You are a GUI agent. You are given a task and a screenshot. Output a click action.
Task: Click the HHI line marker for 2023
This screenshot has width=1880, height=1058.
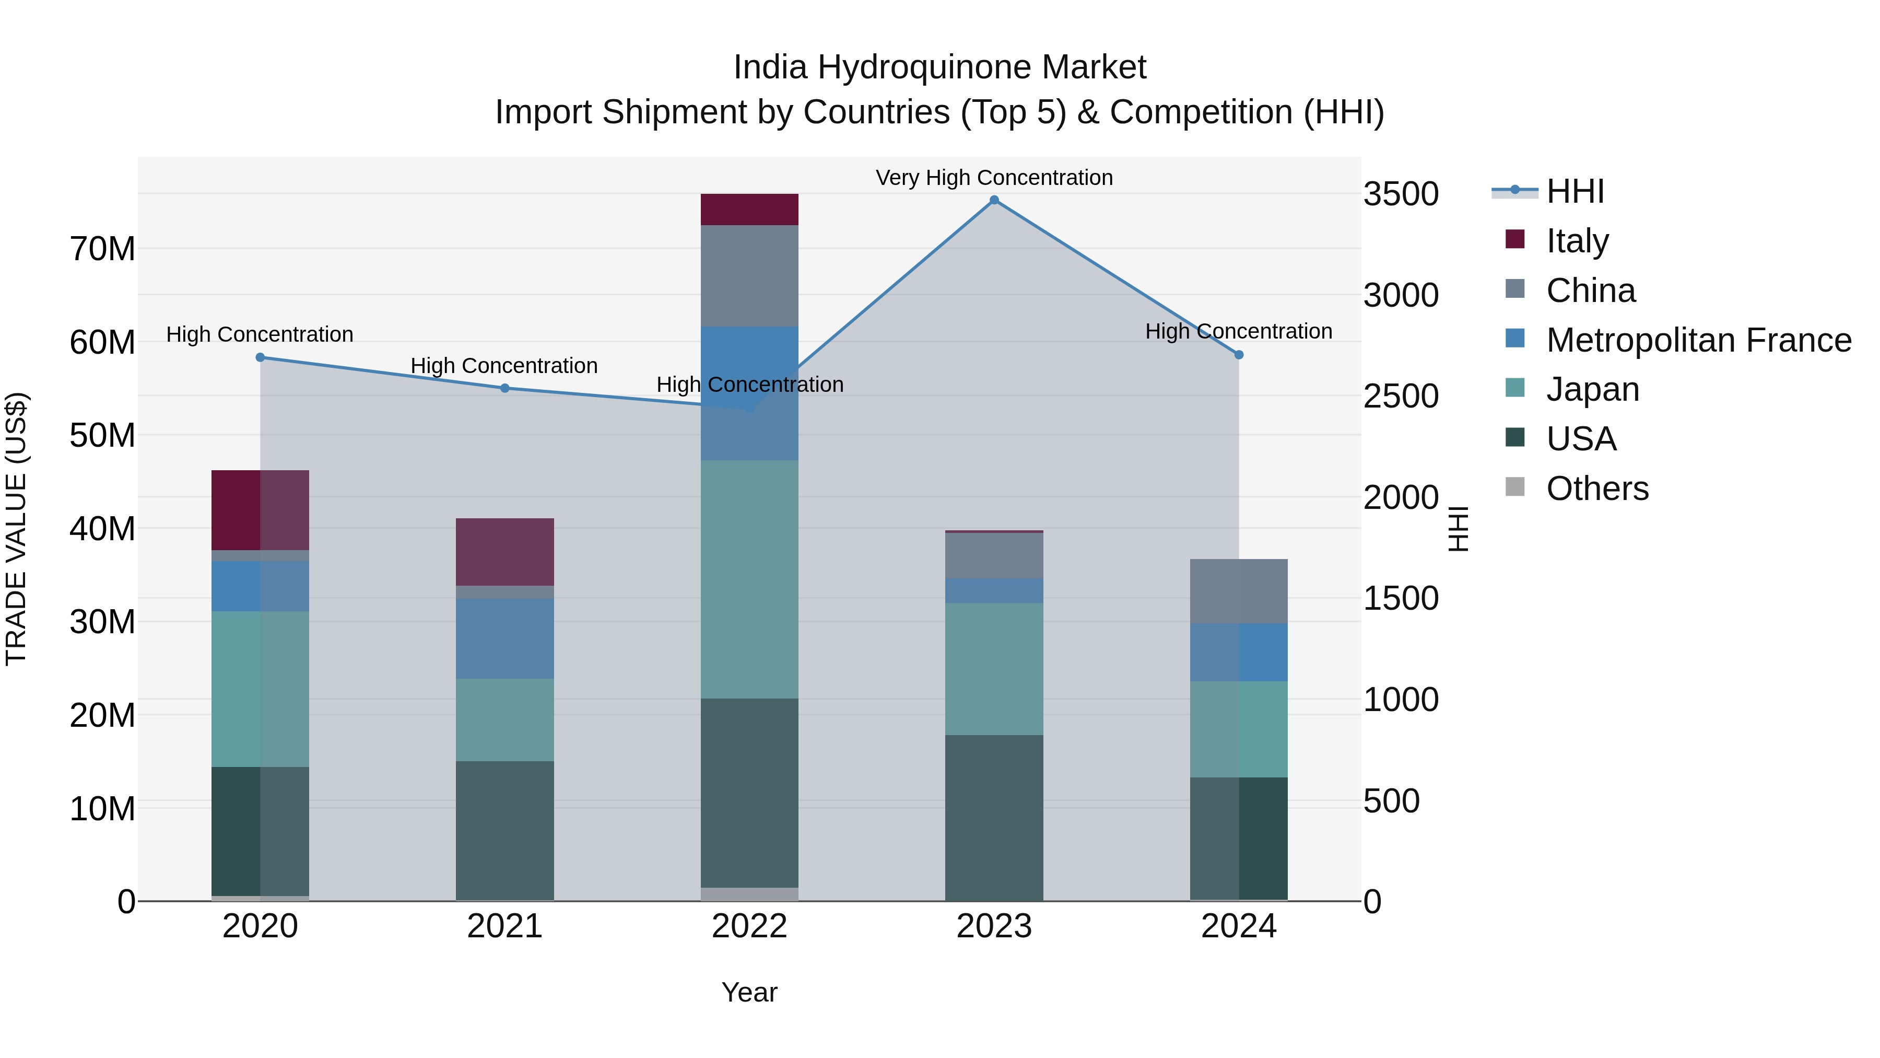tap(994, 200)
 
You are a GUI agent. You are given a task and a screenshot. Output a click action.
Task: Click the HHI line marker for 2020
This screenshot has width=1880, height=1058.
tap(260, 357)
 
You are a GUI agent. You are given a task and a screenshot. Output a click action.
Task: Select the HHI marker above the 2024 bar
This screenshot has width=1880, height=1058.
tap(1239, 355)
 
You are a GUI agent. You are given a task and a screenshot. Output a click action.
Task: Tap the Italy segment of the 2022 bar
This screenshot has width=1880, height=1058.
tap(749, 210)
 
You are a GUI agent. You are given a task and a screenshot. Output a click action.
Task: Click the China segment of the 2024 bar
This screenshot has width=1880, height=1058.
tap(1239, 591)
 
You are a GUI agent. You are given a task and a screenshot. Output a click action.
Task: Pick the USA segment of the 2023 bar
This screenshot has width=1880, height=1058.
tap(994, 817)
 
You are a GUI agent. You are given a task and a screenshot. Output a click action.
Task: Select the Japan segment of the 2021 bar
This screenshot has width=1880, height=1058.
tap(504, 720)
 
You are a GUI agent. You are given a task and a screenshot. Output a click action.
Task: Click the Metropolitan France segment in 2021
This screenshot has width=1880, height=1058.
tap(504, 639)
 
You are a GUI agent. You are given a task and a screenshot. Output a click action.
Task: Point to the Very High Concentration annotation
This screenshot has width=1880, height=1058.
tap(994, 178)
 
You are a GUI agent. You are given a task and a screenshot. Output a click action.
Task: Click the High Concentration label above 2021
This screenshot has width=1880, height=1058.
tap(504, 365)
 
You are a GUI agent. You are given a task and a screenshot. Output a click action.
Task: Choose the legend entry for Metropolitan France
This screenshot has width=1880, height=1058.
tap(1698, 340)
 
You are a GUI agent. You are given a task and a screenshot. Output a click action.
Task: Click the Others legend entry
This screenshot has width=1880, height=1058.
tap(1597, 489)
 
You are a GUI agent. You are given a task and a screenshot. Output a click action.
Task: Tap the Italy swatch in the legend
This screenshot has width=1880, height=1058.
tap(1514, 239)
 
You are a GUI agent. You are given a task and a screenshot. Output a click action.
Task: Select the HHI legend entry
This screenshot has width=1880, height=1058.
tap(1575, 191)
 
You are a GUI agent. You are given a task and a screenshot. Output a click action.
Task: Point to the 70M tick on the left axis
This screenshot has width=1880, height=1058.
tap(102, 249)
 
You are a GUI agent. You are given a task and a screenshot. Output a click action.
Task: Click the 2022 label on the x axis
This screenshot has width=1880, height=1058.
tap(749, 926)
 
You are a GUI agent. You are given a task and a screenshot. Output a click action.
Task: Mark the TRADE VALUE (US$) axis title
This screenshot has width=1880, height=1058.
tap(16, 529)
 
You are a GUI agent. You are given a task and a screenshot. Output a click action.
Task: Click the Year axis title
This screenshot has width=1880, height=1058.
tap(749, 992)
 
